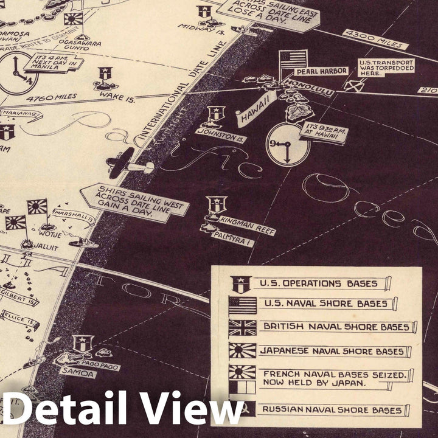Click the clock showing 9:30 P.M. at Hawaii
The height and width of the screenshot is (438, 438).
click(288, 144)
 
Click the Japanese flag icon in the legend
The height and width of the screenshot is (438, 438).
click(242, 351)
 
